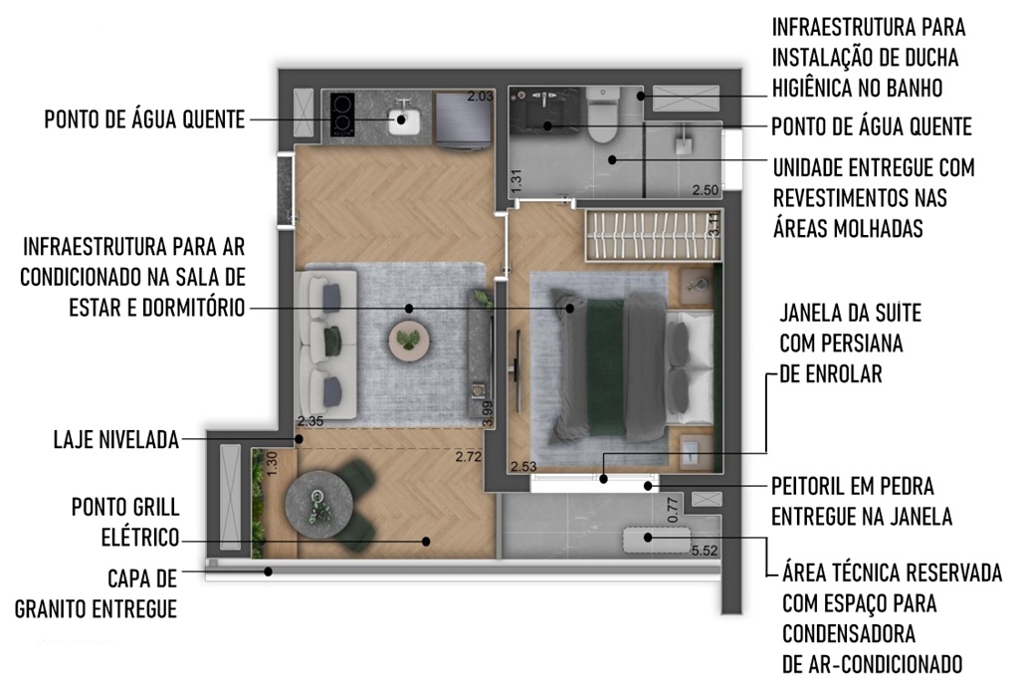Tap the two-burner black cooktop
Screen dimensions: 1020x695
pyautogui.click(x=342, y=115)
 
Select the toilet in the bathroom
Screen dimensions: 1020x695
pyautogui.click(x=603, y=116)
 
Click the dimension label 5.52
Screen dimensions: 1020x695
pyautogui.click(x=705, y=551)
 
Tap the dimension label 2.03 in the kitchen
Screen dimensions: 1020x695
pyautogui.click(x=480, y=97)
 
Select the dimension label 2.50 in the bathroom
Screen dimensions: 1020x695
pyautogui.click(x=706, y=190)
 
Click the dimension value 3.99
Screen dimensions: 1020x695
pyautogui.click(x=488, y=414)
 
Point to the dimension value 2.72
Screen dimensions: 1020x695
pyautogui.click(x=469, y=457)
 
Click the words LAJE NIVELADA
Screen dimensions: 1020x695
pyautogui.click(x=115, y=440)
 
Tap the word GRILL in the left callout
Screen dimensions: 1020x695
pyautogui.click(x=157, y=507)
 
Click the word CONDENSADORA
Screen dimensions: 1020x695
pyautogui.click(x=848, y=634)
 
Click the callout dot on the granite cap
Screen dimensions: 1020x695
pyautogui.click(x=268, y=572)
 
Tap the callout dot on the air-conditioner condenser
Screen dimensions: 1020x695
pyautogui.click(x=647, y=537)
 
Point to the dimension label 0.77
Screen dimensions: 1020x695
pyautogui.click(x=673, y=510)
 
